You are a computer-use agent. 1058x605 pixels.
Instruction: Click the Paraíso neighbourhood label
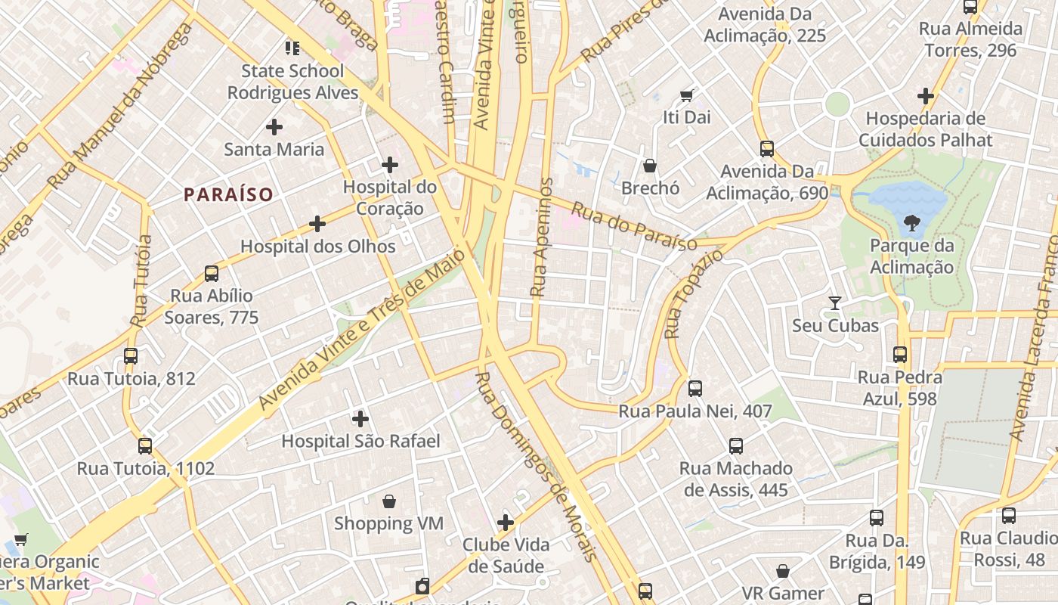tap(228, 194)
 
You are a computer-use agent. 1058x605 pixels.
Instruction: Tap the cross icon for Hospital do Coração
tap(390, 164)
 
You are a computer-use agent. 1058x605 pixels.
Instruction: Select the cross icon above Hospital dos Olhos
tap(317, 224)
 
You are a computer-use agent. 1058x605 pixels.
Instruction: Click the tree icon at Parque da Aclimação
tap(911, 222)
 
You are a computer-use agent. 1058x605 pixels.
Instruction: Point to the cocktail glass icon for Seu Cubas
tap(835, 303)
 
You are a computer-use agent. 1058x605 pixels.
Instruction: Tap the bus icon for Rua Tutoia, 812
tap(131, 355)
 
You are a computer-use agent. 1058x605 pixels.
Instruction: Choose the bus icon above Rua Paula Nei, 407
tap(695, 389)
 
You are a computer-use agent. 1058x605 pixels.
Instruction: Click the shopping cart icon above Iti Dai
tap(686, 95)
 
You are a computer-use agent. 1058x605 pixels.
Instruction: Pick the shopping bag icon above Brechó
tap(650, 166)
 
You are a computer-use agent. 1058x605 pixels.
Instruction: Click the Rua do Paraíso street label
tap(634, 226)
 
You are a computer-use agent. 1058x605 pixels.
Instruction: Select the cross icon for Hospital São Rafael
tap(360, 418)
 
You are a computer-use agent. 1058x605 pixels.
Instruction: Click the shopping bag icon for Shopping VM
tap(389, 501)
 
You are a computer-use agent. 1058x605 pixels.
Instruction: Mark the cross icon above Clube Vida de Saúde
tap(506, 522)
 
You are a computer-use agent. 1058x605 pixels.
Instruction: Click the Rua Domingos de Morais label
tap(537, 466)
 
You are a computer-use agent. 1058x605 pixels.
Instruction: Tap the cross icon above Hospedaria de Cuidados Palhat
tap(926, 96)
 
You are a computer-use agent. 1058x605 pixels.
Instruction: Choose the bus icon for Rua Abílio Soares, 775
tap(212, 274)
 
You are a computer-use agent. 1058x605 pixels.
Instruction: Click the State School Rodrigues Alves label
tap(292, 82)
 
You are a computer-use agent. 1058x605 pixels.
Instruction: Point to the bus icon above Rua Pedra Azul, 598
tap(900, 354)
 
